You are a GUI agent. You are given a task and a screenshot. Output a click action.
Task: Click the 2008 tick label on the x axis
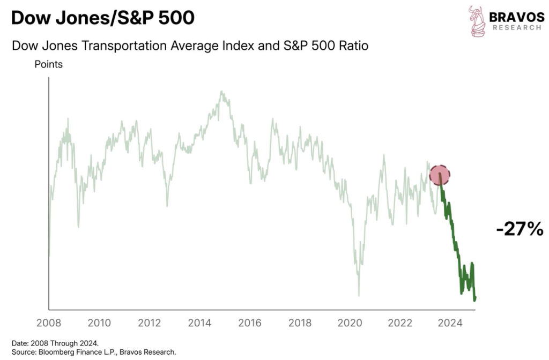[x=48, y=322]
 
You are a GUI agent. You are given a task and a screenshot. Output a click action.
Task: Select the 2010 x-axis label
[x=99, y=322]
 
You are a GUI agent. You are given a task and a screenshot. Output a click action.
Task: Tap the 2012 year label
[x=149, y=322]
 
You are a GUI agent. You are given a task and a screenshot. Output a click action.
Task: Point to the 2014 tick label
[x=199, y=322]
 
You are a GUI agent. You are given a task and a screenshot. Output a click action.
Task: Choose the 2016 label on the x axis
[x=250, y=322]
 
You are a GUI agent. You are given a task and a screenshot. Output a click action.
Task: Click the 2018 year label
[x=300, y=322]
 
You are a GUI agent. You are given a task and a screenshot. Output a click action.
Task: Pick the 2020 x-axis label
[x=350, y=322]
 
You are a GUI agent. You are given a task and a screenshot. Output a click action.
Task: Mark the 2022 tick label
[x=400, y=322]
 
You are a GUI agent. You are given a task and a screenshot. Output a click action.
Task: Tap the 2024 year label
[x=450, y=322]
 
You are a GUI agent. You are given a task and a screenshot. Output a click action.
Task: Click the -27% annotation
[x=520, y=229]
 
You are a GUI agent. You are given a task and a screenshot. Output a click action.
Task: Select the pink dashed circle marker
[x=440, y=175]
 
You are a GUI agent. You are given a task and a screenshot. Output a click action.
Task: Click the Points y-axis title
[x=48, y=64]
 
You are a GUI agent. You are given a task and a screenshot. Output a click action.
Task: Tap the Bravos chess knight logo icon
[x=477, y=21]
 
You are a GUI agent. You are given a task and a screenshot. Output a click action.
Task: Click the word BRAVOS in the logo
[x=515, y=17]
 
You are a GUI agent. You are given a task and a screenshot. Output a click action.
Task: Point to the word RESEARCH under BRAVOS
[x=515, y=28]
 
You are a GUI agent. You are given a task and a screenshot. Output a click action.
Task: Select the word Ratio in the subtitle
[x=355, y=46]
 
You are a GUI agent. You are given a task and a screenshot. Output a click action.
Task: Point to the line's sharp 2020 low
[x=359, y=295]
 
